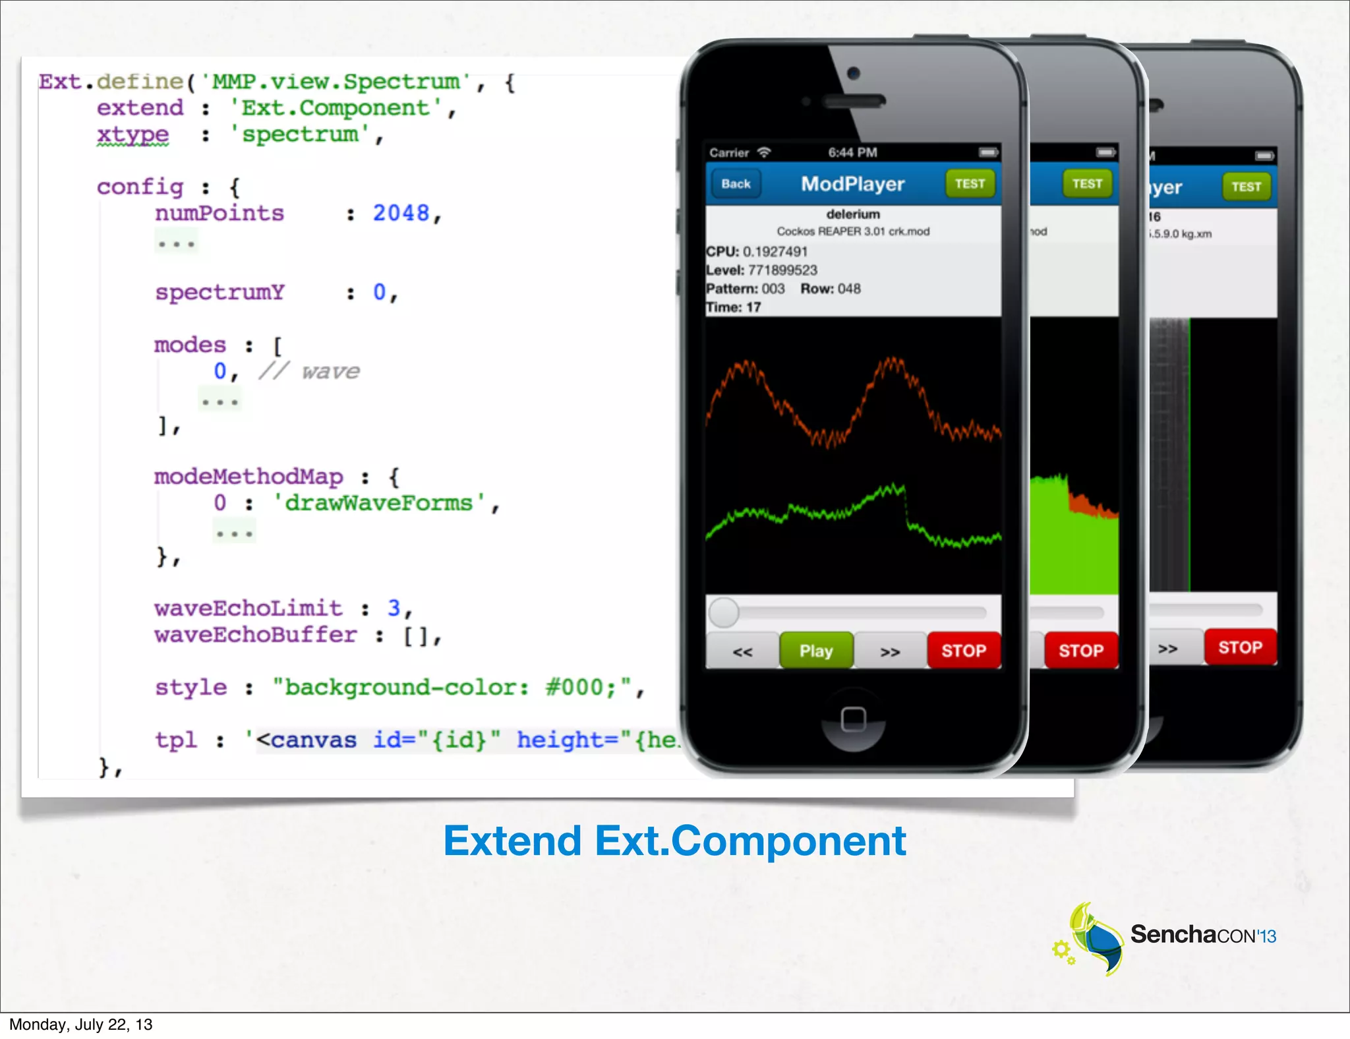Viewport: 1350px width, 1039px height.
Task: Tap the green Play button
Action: click(816, 651)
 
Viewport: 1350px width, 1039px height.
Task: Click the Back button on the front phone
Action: click(736, 184)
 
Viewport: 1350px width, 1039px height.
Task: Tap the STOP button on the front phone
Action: click(964, 651)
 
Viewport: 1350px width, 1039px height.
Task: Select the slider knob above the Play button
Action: click(724, 612)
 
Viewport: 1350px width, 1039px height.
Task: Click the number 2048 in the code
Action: click(401, 213)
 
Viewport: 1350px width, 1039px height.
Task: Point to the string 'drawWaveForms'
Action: click(379, 503)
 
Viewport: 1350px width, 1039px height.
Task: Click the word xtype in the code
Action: click(133, 134)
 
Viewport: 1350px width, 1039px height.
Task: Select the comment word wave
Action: click(331, 372)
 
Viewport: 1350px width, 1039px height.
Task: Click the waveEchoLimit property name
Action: click(249, 609)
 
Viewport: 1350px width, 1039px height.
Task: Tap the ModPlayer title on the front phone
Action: click(852, 184)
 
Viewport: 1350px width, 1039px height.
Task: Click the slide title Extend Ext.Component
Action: click(674, 841)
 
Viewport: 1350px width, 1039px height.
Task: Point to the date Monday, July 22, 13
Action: click(80, 1024)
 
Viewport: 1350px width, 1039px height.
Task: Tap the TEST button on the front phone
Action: click(970, 184)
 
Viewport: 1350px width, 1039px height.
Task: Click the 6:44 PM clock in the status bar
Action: click(852, 153)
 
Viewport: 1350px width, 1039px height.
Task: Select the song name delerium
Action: click(853, 214)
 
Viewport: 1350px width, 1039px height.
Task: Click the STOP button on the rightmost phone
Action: click(1240, 647)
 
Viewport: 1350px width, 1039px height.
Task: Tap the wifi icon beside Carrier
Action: click(764, 152)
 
